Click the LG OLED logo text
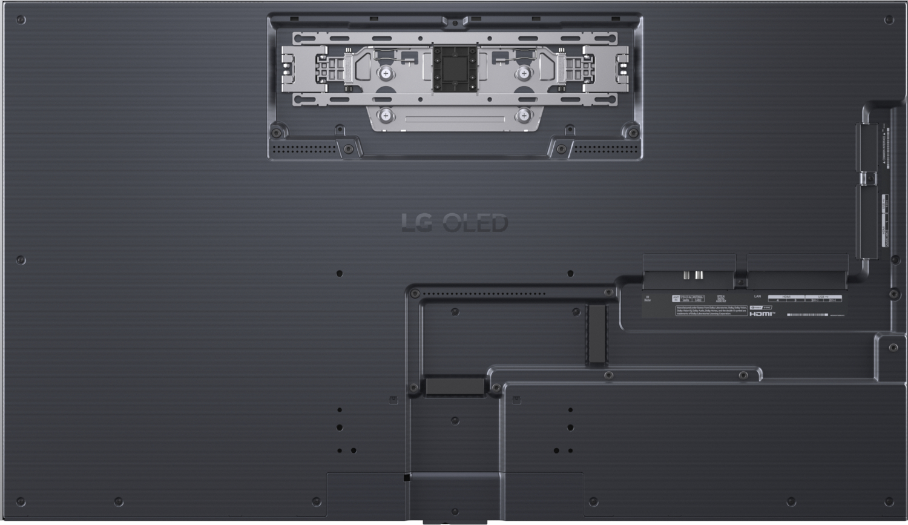coord(455,223)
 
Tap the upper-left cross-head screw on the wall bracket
coord(386,73)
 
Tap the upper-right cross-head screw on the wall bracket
coord(523,73)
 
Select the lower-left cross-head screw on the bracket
coord(386,115)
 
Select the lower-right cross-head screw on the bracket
coord(523,115)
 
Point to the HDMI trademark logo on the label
coord(762,314)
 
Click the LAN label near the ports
coord(757,297)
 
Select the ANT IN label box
coord(676,299)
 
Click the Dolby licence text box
coord(711,311)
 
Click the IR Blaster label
coord(648,299)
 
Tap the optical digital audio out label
coord(721,299)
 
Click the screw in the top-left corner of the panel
coord(21,20)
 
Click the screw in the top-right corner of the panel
coord(889,20)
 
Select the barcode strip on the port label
coord(808,315)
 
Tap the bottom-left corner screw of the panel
coord(21,502)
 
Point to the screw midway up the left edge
coord(21,260)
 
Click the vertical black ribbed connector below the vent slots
coord(597,334)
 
